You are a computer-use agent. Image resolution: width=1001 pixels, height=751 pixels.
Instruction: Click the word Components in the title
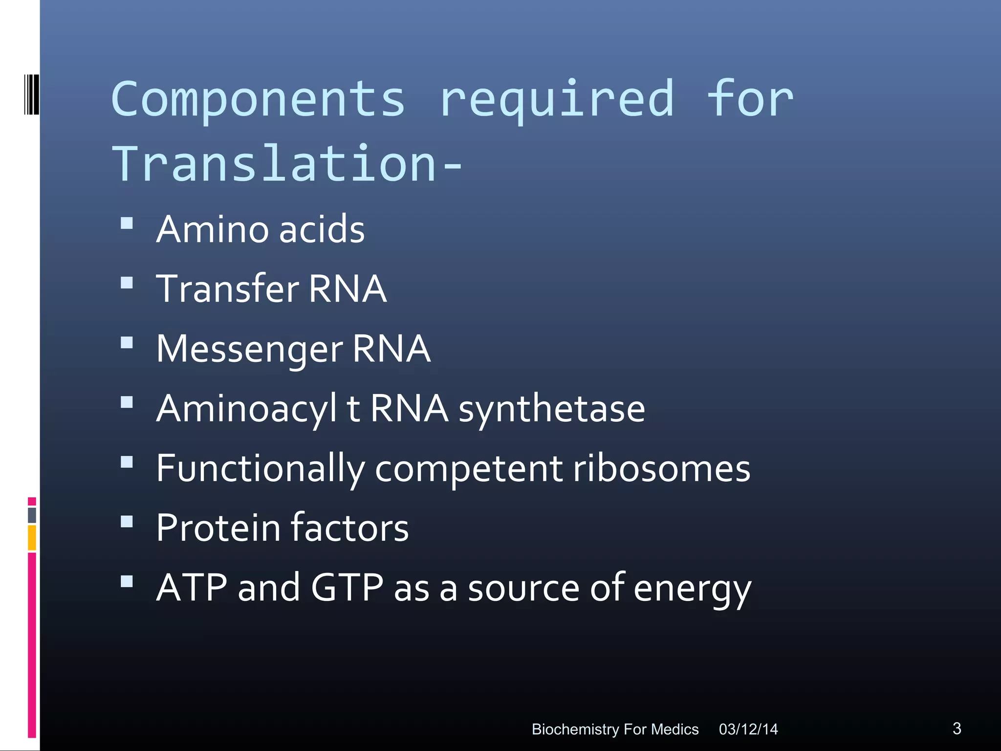point(258,99)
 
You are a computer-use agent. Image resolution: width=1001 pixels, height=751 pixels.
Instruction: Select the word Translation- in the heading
point(287,164)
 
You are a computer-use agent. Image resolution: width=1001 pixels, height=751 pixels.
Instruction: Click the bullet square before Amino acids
point(127,223)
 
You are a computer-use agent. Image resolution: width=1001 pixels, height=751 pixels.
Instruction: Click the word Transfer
point(227,289)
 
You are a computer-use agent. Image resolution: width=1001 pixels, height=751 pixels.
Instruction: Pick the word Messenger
point(249,349)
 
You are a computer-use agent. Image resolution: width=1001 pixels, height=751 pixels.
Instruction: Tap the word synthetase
point(551,409)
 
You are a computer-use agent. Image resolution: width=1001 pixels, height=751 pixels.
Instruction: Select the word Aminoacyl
point(246,409)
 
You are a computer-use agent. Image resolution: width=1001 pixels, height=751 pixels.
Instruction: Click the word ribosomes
point(661,468)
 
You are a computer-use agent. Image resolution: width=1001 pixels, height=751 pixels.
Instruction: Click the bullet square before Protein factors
point(127,522)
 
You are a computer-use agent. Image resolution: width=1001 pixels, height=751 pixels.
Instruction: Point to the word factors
point(349,528)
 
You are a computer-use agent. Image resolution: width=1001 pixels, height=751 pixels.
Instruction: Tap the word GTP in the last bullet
point(347,588)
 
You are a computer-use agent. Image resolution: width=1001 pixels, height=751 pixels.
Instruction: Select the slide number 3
point(957,729)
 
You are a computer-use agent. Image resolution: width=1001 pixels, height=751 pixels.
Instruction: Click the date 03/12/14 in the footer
point(748,729)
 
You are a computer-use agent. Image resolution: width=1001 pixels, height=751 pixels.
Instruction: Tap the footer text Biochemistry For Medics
point(615,729)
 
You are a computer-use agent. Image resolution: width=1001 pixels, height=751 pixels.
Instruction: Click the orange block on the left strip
point(32,538)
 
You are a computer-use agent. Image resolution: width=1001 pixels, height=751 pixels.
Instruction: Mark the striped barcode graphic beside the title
point(31,94)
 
